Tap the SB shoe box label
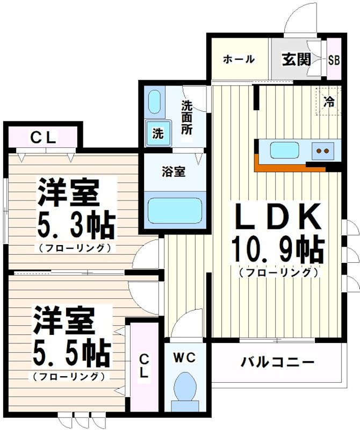pos(334,60)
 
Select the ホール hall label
pos(238,59)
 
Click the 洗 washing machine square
pos(157,133)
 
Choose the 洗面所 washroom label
pos(186,117)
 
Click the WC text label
pos(186,356)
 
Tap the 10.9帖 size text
pos(277,248)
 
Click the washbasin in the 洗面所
pos(154,102)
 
